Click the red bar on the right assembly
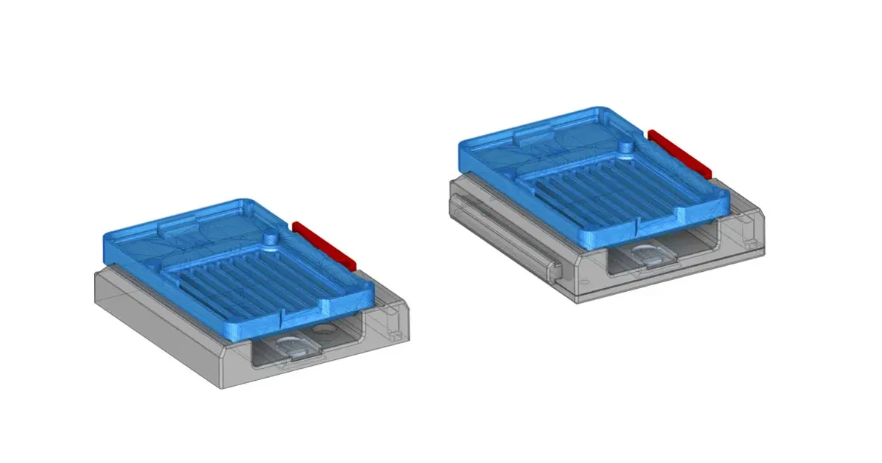(680, 154)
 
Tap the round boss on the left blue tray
(271, 239)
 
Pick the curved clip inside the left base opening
(293, 346)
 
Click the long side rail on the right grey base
(504, 226)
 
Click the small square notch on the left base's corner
(390, 314)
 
